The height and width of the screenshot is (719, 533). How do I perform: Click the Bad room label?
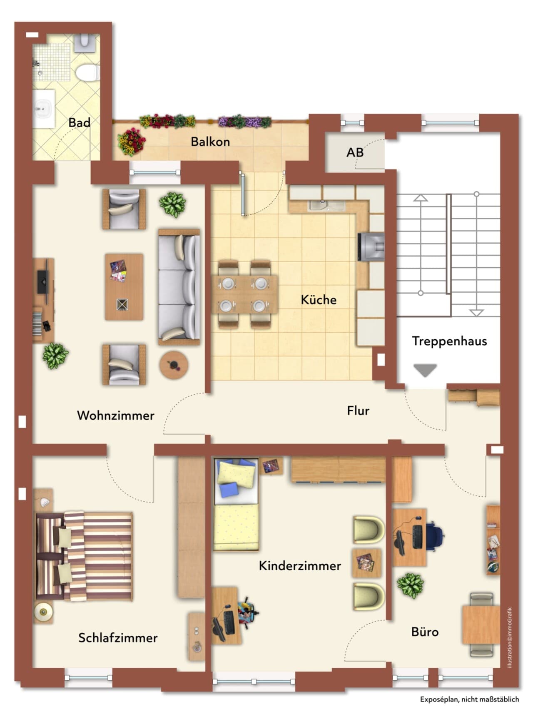(79, 122)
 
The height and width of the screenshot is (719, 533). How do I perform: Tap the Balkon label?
(210, 142)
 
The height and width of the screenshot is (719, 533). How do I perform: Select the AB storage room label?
(355, 152)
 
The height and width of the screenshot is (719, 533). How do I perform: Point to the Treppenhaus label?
(449, 341)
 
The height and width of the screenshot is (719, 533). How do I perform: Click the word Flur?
(358, 411)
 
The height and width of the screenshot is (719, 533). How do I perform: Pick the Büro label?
(425, 632)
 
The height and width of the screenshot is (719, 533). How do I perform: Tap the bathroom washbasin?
(43, 109)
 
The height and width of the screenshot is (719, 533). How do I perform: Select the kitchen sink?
(326, 205)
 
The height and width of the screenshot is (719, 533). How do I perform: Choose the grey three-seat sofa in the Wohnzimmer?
(179, 287)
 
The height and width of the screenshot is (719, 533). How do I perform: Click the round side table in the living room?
(174, 365)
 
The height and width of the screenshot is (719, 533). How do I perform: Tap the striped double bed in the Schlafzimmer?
(84, 556)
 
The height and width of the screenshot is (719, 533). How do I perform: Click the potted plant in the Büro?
(410, 585)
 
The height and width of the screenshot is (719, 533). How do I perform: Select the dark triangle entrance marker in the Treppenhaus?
(425, 370)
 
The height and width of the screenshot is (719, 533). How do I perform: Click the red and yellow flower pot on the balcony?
(132, 142)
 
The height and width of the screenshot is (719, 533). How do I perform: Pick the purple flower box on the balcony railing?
(245, 121)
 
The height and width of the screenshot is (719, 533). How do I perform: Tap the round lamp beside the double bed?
(43, 612)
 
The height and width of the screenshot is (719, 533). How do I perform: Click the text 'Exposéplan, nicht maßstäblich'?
(469, 699)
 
